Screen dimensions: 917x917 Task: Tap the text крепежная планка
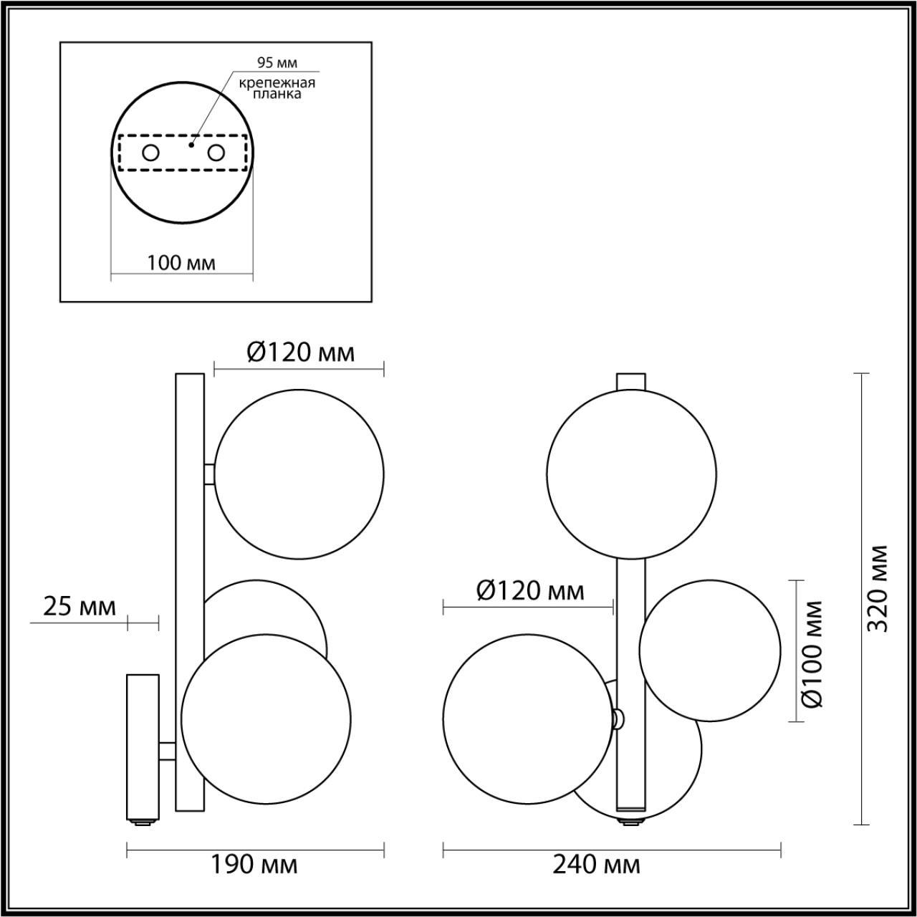(277, 88)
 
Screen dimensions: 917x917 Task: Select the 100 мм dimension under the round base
(181, 263)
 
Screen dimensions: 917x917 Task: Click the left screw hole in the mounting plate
(150, 153)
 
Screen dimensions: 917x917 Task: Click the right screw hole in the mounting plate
(216, 153)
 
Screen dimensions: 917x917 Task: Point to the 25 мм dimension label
(80, 607)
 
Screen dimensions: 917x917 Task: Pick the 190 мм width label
(254, 865)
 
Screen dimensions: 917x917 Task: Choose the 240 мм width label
(597, 865)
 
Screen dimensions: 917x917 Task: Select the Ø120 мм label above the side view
(301, 352)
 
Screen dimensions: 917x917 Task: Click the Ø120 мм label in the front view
(530, 591)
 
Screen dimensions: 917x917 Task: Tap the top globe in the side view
(299, 474)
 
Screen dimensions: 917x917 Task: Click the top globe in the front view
(631, 474)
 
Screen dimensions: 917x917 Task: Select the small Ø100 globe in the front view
(709, 650)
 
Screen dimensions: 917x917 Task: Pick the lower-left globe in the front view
(528, 718)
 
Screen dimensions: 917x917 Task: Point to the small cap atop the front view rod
(631, 380)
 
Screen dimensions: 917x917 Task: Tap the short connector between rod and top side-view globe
(209, 474)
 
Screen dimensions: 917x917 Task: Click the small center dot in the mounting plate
(190, 144)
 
